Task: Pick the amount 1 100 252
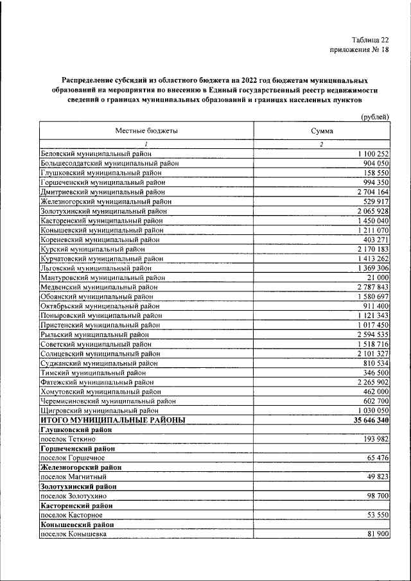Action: point(369,154)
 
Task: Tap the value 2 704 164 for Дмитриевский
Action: point(369,192)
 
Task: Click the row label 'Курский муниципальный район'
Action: point(92,248)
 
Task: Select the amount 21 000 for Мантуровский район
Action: point(377,277)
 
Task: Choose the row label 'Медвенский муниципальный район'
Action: point(98,286)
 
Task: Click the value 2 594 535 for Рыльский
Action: point(369,334)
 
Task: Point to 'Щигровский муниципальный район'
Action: point(99,410)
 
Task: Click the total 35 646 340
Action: point(367,419)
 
